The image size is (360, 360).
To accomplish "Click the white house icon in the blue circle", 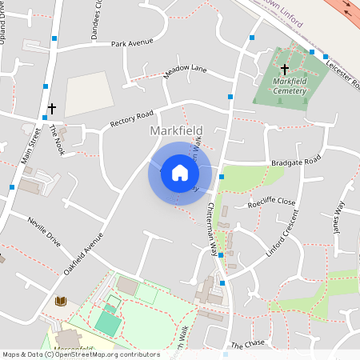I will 180,173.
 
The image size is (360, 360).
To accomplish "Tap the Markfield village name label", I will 176,130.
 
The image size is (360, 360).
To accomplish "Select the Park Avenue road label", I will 131,43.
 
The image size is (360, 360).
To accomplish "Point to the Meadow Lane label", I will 186,72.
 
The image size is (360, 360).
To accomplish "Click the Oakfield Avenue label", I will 83,255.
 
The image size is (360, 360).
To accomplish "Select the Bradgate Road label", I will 295,161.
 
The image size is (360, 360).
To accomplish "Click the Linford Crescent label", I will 283,232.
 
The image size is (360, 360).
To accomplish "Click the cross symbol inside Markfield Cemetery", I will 284,70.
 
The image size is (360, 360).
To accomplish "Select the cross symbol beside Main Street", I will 52,107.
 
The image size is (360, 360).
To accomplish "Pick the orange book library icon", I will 60,301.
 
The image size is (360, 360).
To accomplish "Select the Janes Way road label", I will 337,216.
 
